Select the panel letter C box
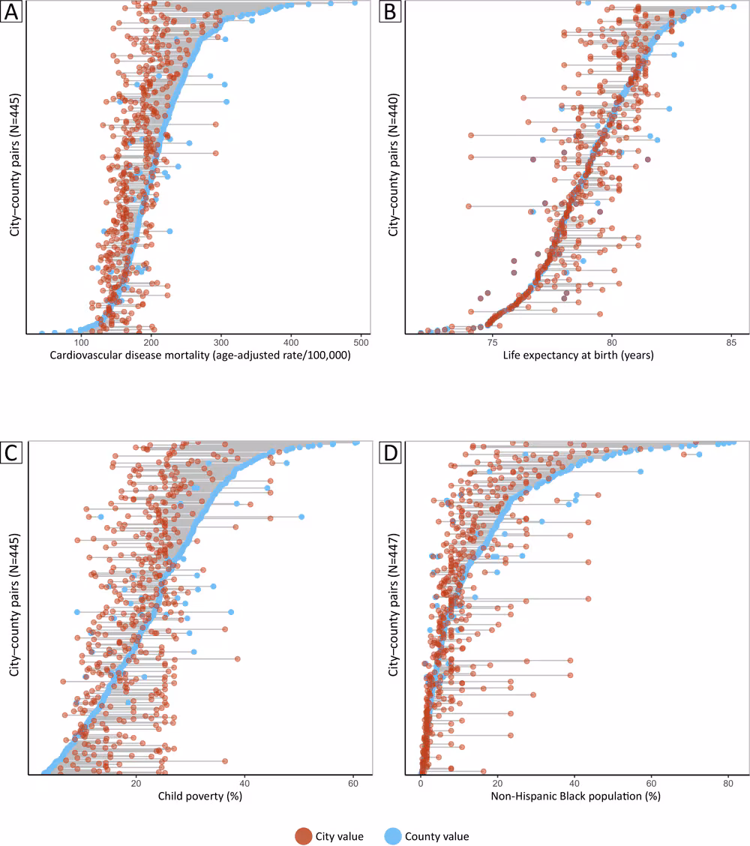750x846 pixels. click(x=11, y=452)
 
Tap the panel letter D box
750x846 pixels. click(x=390, y=452)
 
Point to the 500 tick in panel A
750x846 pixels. click(x=361, y=342)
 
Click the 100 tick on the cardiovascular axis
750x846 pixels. click(x=80, y=342)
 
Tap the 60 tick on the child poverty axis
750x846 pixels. click(x=353, y=783)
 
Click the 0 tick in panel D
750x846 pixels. click(x=421, y=783)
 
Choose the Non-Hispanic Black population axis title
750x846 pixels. click(x=575, y=796)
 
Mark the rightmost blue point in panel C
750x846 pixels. click(x=356, y=442)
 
